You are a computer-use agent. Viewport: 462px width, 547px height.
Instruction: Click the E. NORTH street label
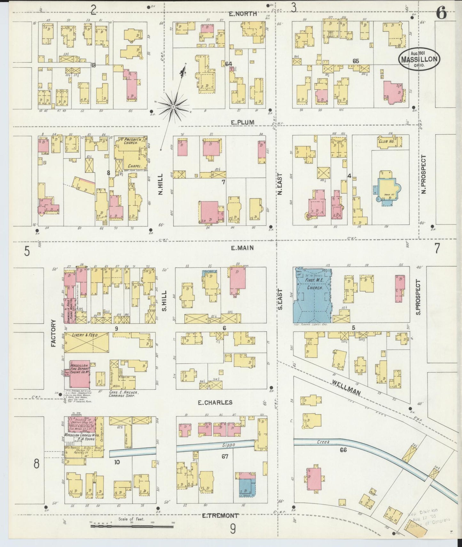pos(243,13)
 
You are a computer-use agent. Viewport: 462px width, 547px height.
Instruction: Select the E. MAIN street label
pos(242,248)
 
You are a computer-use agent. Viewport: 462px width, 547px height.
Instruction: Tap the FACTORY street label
pos(53,333)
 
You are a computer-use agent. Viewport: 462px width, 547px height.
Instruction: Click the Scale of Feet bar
pos(132,526)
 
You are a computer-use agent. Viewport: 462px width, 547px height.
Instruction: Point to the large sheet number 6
pos(441,14)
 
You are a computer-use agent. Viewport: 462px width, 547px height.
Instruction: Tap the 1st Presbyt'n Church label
pos(130,141)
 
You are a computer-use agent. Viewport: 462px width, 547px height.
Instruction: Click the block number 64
pos(228,64)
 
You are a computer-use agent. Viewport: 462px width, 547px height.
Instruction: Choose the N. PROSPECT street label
pos(424,174)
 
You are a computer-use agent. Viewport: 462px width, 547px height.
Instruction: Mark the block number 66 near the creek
pos(343,450)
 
